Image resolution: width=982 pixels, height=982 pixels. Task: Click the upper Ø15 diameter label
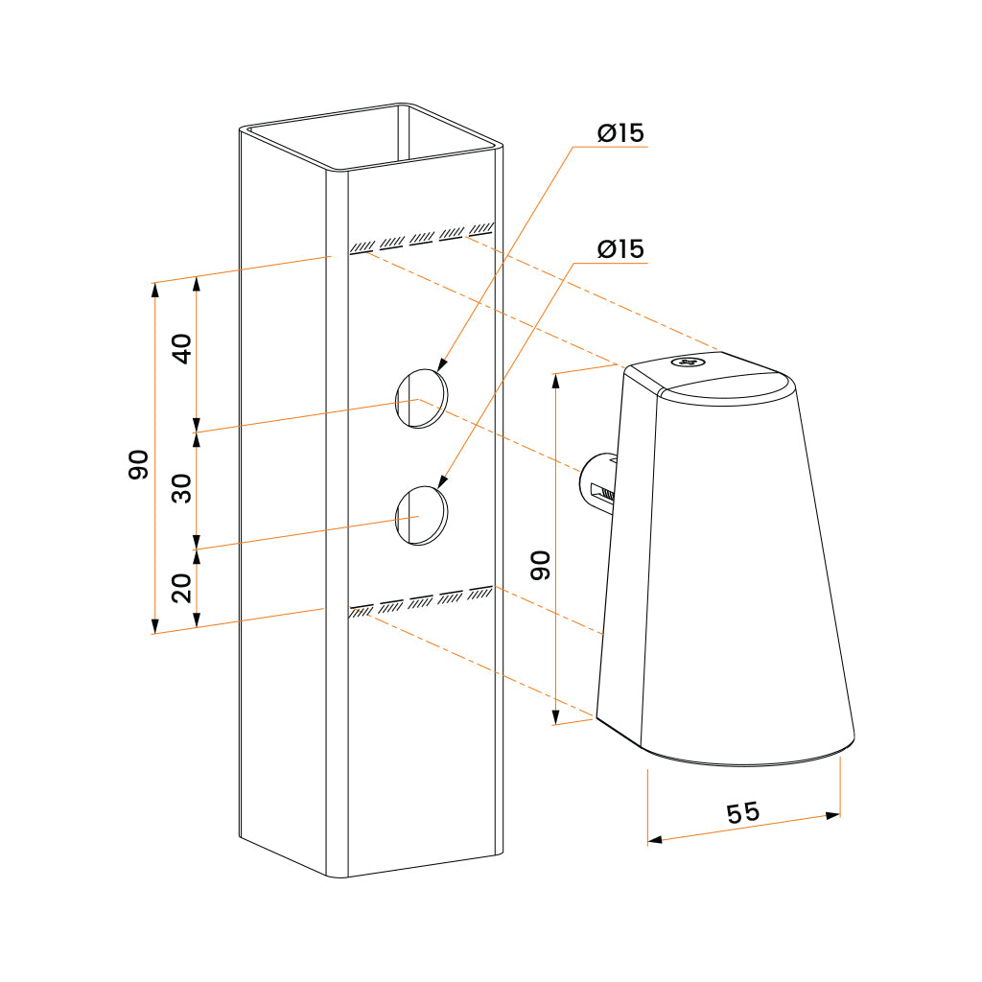click(620, 134)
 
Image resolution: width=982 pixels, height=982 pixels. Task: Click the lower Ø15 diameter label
click(620, 249)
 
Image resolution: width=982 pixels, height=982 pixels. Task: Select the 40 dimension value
click(183, 346)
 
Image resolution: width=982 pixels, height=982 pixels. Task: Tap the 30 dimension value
click(183, 488)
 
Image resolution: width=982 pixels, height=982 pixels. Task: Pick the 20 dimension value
click(183, 586)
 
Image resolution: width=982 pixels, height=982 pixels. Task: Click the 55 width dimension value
click(742, 813)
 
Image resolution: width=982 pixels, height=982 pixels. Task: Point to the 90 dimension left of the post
click(139, 464)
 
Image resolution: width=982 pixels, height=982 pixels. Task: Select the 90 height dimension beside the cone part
click(541, 565)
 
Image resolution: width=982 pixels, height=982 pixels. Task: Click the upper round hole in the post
click(422, 397)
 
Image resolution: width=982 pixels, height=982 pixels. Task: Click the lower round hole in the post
click(422, 515)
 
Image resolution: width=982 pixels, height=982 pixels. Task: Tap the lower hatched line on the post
click(422, 599)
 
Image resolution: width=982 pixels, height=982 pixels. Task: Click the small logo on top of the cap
click(688, 362)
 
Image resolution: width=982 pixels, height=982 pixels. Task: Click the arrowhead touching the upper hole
click(442, 366)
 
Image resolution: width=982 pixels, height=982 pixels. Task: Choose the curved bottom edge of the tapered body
click(748, 761)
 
